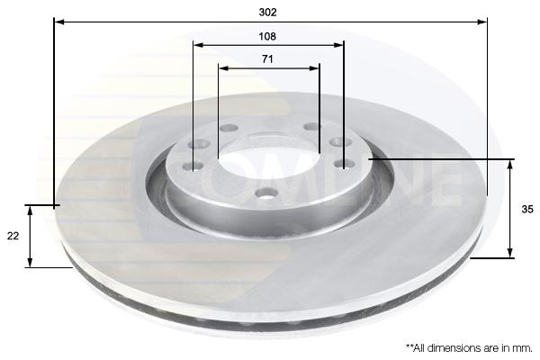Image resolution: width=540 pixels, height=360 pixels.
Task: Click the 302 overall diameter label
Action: (x=267, y=13)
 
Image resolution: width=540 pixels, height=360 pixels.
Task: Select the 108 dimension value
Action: (x=267, y=36)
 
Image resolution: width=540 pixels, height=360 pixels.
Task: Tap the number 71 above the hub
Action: (x=267, y=59)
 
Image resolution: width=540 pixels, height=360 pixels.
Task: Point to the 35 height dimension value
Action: (x=526, y=209)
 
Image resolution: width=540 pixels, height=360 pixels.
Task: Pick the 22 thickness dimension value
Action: (x=13, y=236)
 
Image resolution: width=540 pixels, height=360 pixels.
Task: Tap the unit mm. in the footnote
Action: (x=522, y=348)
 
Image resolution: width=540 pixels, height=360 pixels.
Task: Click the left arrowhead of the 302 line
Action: (x=59, y=22)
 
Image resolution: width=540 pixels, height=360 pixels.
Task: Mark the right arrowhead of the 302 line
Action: (x=482, y=22)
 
